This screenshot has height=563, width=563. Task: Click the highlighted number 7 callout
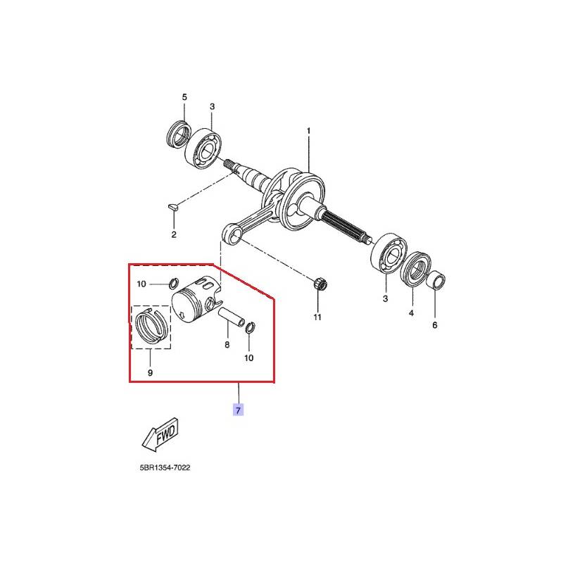(x=238, y=410)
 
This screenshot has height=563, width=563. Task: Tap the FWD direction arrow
(x=160, y=434)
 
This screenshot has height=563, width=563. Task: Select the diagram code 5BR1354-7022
(x=165, y=467)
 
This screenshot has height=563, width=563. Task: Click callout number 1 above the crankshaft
(x=308, y=131)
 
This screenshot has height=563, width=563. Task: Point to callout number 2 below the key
(x=174, y=234)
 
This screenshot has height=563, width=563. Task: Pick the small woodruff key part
(x=172, y=206)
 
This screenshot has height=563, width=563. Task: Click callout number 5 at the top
(x=184, y=97)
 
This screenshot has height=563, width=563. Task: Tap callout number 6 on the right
(x=435, y=325)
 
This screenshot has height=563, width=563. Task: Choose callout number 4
(x=411, y=312)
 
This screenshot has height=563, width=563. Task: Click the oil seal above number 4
(x=415, y=270)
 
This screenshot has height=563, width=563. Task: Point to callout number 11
(x=317, y=317)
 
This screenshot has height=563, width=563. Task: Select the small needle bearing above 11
(x=321, y=285)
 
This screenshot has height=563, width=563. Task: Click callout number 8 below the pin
(x=227, y=345)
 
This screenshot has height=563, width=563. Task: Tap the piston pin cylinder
(x=232, y=316)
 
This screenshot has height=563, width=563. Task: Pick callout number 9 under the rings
(x=150, y=373)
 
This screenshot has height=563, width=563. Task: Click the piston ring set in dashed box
(x=151, y=326)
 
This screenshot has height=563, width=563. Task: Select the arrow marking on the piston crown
(x=182, y=315)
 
